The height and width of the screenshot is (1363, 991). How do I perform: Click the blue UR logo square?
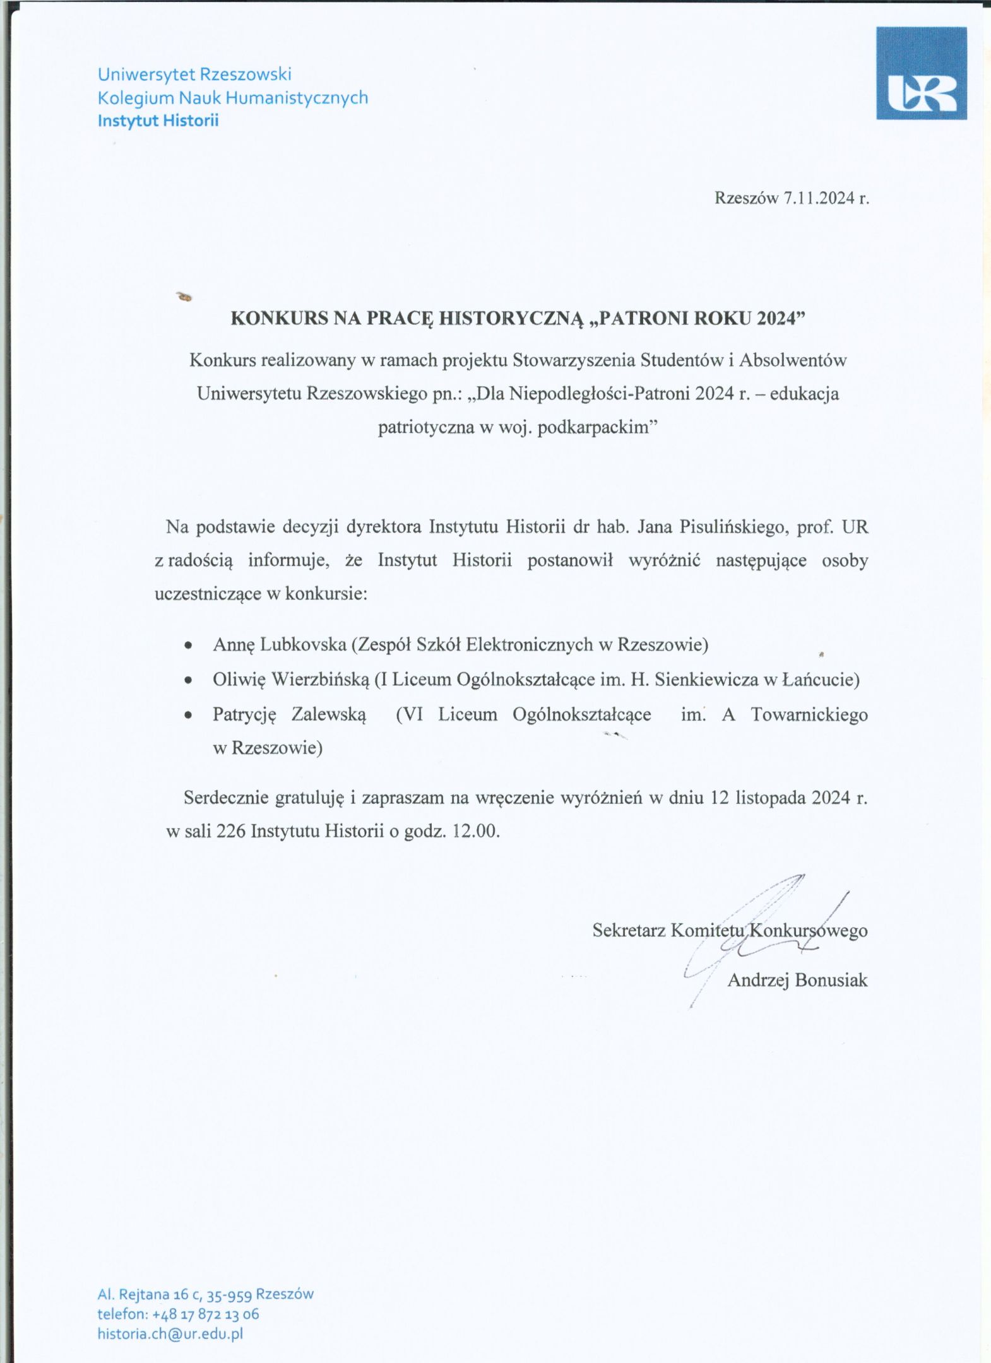921,73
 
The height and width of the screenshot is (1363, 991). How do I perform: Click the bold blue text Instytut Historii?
158,121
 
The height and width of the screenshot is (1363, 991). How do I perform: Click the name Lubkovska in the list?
303,644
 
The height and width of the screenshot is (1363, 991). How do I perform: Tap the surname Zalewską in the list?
329,714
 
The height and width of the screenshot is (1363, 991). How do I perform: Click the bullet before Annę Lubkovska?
187,647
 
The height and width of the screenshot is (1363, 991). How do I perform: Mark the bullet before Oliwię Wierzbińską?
187,681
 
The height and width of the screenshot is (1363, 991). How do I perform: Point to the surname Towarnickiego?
809,714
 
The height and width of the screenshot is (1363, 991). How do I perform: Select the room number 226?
230,831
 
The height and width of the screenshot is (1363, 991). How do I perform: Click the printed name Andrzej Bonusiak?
797,980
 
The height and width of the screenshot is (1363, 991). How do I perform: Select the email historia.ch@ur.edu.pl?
170,1333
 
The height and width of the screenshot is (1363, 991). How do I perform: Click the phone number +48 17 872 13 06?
206,1314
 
